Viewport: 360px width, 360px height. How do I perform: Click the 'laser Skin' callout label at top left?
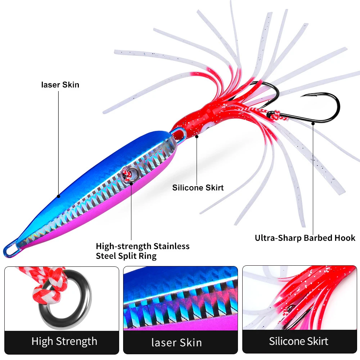coord(60,85)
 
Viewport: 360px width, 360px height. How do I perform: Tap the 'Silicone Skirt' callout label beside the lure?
coord(198,188)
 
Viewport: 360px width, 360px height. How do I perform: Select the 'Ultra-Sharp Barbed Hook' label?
coord(305,238)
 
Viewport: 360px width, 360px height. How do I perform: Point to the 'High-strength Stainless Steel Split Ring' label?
coord(143,251)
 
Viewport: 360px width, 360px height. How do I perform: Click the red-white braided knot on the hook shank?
coord(275,114)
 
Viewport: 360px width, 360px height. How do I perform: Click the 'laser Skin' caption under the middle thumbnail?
coord(177,342)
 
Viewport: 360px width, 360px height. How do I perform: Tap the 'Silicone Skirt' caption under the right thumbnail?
coord(299,341)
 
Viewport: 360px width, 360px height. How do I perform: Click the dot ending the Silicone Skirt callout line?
coord(197,137)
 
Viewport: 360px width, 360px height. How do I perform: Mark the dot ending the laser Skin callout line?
coord(59,197)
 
